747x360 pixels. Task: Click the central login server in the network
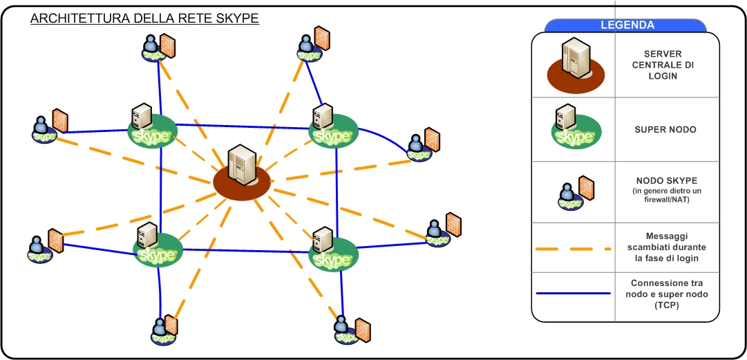[x=241, y=172]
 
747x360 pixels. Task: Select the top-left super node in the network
[x=151, y=128]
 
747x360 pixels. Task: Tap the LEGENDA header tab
[x=626, y=26]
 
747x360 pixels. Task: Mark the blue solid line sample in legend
[x=574, y=294]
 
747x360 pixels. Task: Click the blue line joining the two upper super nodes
[x=242, y=126]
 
